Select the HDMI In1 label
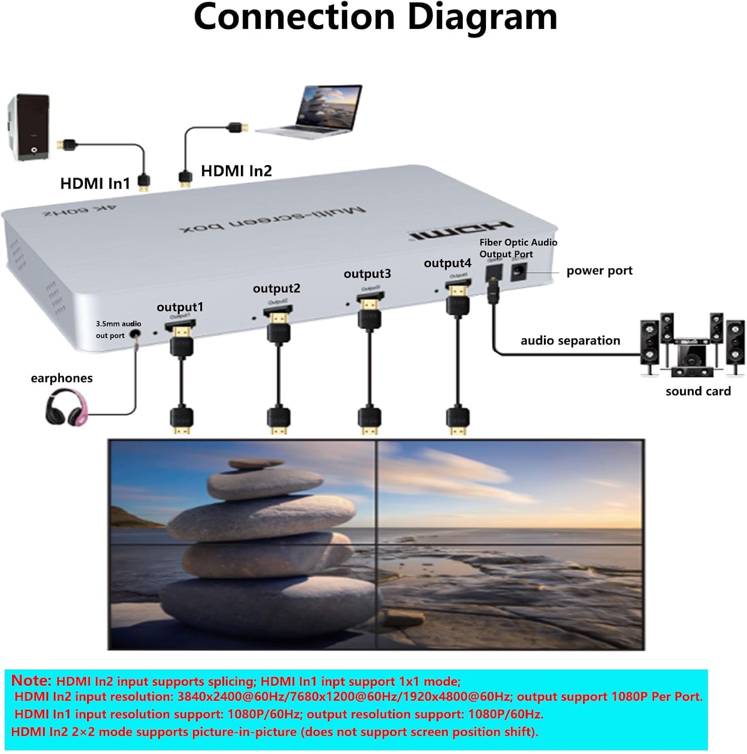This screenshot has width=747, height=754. [95, 183]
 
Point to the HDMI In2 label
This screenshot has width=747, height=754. [236, 171]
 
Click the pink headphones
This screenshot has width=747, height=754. [66, 408]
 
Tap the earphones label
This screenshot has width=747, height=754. [61, 378]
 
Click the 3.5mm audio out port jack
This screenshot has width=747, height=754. [135, 333]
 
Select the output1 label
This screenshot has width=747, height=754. [180, 307]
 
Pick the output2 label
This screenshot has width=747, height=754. [276, 288]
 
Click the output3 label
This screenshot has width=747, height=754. [367, 273]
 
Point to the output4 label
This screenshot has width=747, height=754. [447, 263]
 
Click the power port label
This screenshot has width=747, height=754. [599, 270]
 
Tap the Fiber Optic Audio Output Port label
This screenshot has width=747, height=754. [518, 248]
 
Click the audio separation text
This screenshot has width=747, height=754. [570, 340]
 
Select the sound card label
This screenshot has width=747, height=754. [698, 391]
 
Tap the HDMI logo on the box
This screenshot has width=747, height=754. [460, 230]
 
